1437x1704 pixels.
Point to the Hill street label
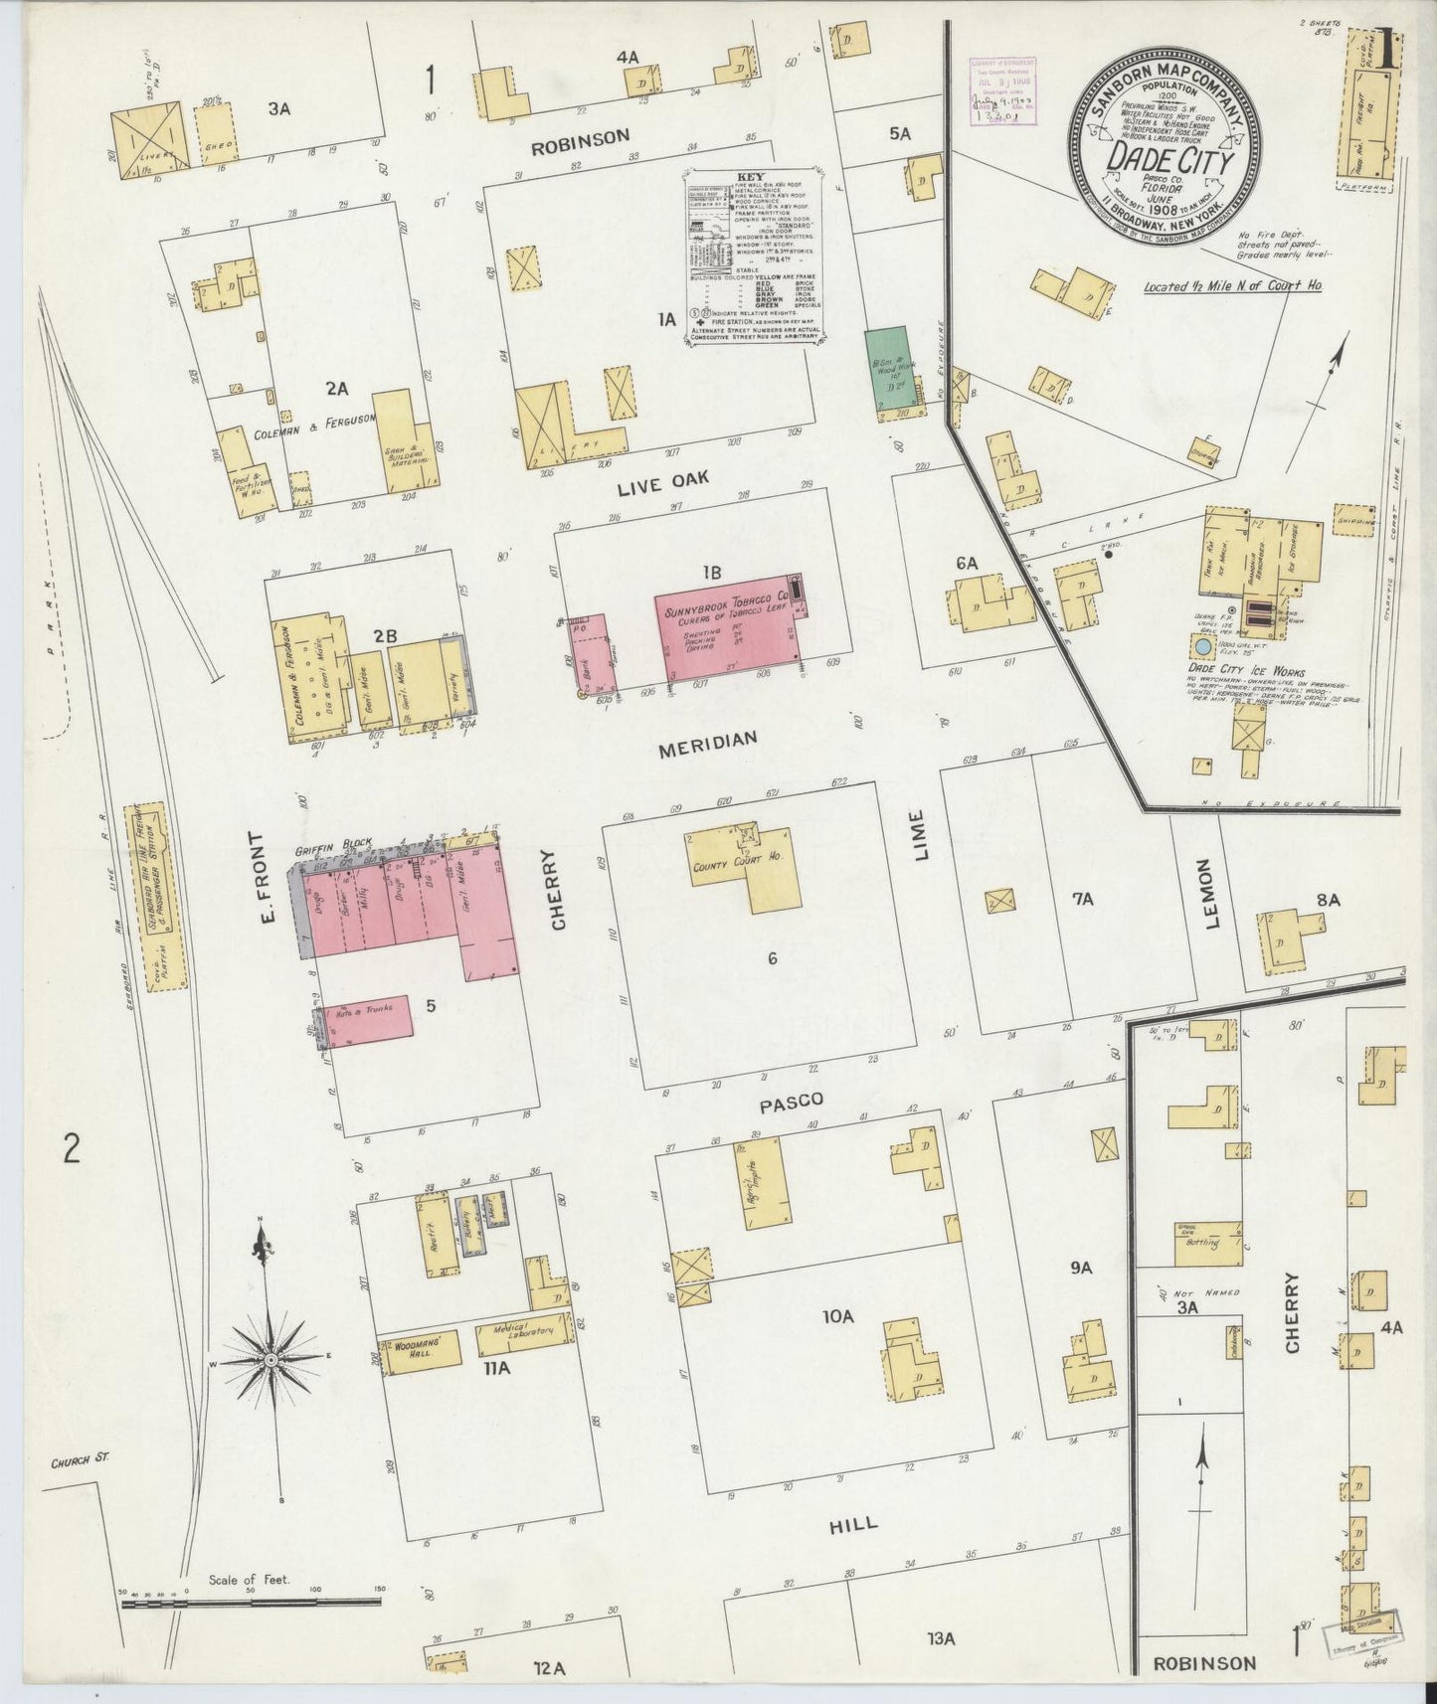[852, 1523]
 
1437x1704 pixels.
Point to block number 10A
[837, 1317]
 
